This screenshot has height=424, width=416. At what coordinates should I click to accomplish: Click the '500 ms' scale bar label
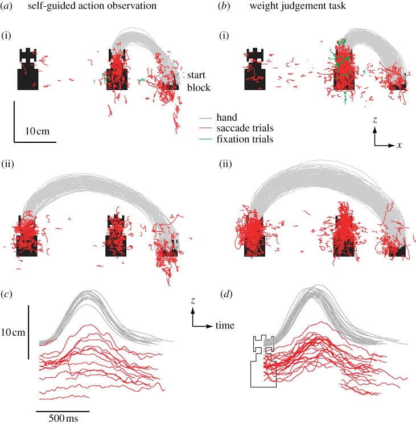(x=63, y=419)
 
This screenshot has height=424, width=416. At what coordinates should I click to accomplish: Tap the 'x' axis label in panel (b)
(x=399, y=145)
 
